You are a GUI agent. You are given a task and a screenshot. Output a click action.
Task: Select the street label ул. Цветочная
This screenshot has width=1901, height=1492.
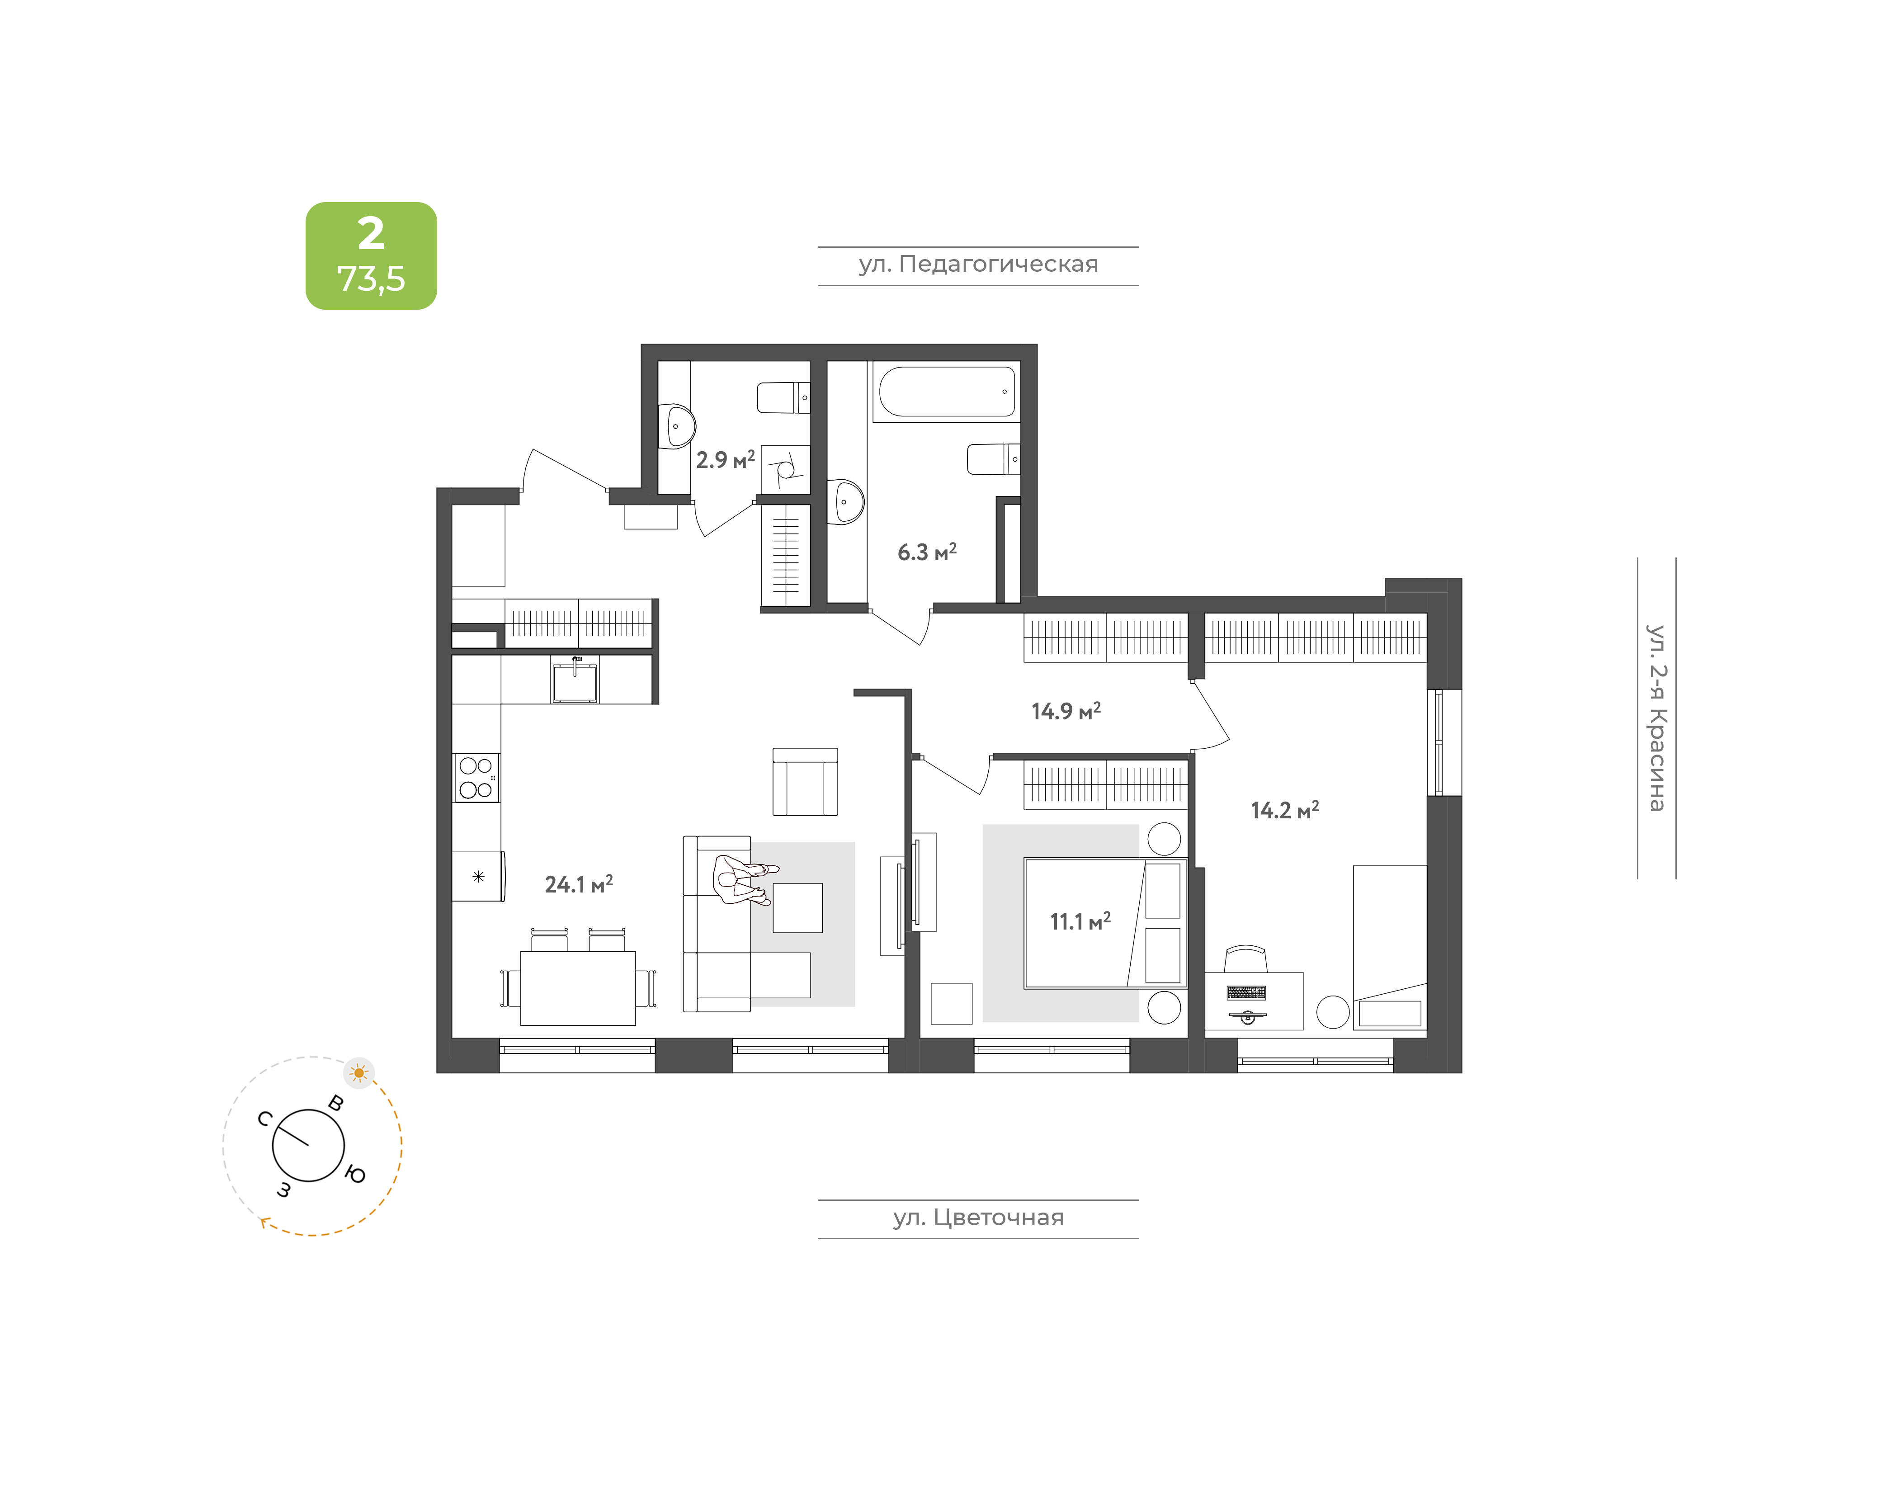click(x=978, y=1218)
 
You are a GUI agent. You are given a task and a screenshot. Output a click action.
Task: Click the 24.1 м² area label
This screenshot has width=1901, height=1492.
click(x=579, y=884)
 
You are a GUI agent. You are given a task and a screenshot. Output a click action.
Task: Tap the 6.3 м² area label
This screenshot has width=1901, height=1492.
click(x=927, y=552)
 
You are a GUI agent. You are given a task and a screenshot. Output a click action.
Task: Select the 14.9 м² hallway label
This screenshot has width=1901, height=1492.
click(x=1066, y=711)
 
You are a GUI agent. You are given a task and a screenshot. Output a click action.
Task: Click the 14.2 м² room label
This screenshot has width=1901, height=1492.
click(x=1284, y=810)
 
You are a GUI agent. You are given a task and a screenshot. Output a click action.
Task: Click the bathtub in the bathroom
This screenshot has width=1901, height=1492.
click(x=947, y=392)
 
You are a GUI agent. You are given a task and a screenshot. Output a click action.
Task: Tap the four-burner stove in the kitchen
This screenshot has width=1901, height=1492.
click(x=476, y=778)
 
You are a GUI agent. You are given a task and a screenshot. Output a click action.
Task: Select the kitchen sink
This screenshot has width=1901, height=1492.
click(x=575, y=680)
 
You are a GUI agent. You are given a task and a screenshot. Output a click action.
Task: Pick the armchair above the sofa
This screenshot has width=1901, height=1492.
click(x=805, y=782)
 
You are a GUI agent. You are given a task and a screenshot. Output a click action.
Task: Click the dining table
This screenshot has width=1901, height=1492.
click(x=578, y=988)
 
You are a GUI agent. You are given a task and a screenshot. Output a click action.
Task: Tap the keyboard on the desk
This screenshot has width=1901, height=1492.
click(x=1246, y=992)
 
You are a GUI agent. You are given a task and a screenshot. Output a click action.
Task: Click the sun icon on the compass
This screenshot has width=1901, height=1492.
click(x=359, y=1073)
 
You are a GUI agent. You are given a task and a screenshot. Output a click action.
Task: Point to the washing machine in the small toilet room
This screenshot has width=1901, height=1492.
click(x=785, y=470)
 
